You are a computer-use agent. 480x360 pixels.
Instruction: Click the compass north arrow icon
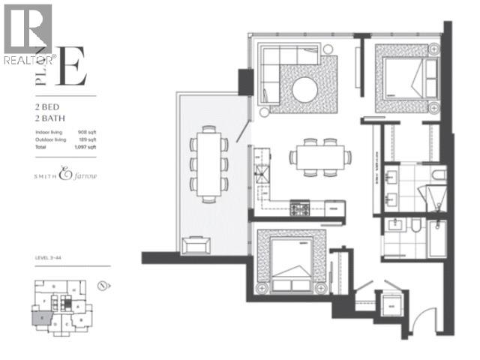tap(104, 286)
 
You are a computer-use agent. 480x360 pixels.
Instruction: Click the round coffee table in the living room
tap(304, 89)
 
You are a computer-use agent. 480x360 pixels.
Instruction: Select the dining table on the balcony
tap(209, 162)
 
